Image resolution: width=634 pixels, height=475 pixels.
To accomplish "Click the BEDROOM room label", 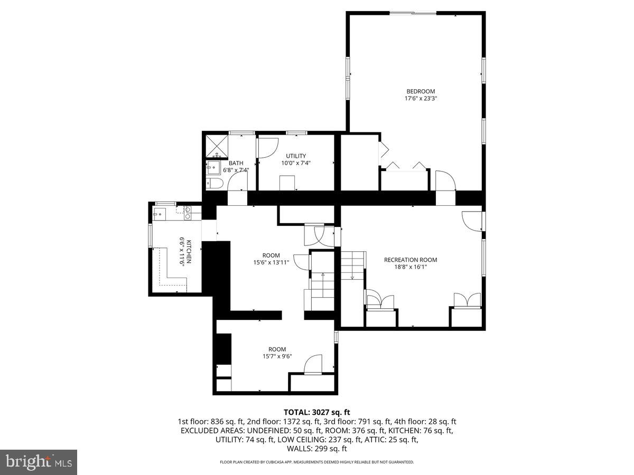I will (x=421, y=91).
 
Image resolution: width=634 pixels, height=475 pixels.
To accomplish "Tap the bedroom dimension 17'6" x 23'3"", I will (x=421, y=99).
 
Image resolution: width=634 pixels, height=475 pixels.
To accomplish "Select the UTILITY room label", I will (x=296, y=156).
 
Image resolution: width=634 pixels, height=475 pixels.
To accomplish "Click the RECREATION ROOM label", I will (x=411, y=260).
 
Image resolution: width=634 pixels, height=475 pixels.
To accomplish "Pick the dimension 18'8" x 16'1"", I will (x=411, y=267).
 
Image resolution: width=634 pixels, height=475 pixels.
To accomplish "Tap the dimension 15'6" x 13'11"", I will (x=271, y=262).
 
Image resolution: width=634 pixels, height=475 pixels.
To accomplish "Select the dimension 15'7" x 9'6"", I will (x=277, y=356).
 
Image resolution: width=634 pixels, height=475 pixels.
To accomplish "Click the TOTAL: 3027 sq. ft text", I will (x=317, y=412).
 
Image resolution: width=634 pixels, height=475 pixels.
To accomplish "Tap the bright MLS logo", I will (x=39, y=462).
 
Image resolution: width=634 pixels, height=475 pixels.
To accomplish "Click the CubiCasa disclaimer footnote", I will (x=317, y=462).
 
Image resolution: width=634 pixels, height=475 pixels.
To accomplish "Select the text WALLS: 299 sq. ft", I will (x=317, y=449).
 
